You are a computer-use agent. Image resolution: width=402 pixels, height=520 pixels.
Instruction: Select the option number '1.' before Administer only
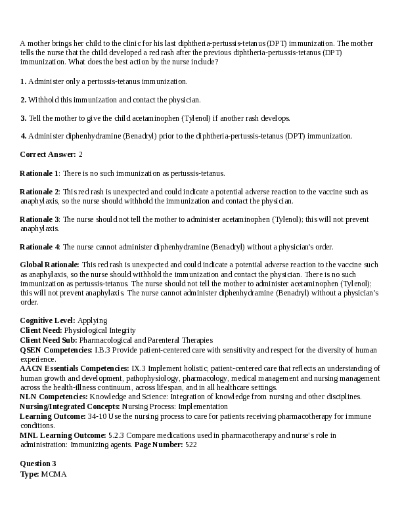(23, 81)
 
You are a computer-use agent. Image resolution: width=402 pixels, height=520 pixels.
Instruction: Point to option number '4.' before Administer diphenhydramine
(23, 136)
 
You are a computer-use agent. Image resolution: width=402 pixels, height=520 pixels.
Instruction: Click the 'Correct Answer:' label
(47, 154)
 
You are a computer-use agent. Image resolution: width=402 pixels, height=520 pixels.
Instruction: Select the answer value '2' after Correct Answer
(81, 154)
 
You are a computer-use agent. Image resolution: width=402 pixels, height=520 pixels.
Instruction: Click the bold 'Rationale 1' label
(39, 173)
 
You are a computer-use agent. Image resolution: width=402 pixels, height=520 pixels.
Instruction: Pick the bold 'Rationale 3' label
(39, 219)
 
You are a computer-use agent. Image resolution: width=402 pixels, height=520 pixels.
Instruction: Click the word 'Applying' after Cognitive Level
(93, 320)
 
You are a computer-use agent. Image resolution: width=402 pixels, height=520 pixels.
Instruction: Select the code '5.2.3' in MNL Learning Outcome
(117, 435)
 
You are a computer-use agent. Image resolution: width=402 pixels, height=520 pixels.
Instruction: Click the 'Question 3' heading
(38, 464)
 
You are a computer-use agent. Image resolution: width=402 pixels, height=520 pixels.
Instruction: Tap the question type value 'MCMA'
(54, 473)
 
